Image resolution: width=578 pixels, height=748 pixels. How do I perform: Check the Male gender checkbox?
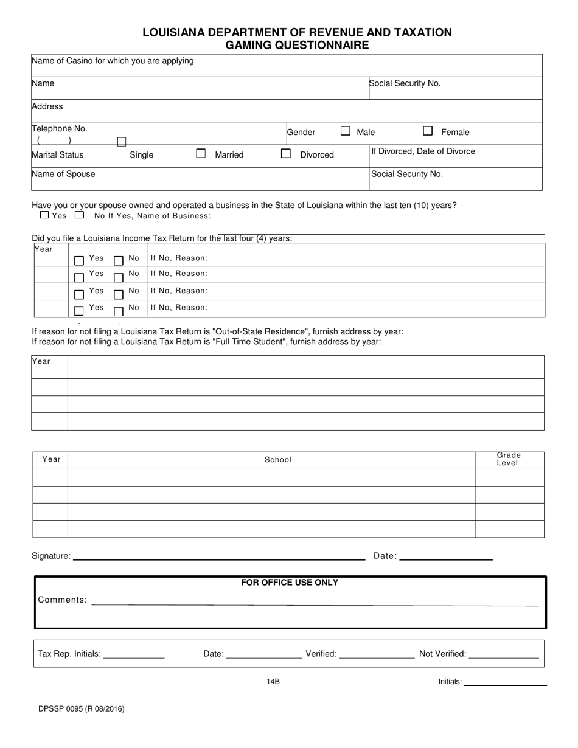[346, 131]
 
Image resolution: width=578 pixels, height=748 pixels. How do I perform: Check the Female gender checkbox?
[428, 131]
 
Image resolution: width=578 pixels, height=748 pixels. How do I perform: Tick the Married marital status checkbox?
[201, 154]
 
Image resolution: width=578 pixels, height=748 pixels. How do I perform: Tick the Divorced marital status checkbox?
[285, 154]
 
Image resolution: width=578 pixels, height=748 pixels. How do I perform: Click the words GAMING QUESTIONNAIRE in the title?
[297, 45]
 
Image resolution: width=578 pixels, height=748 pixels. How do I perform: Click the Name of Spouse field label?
[63, 174]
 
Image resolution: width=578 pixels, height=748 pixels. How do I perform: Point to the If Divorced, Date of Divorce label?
[423, 151]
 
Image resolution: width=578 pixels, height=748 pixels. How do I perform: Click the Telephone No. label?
[60, 129]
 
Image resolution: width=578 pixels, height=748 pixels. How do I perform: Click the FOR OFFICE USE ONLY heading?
[290, 583]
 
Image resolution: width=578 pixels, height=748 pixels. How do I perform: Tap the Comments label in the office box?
[62, 600]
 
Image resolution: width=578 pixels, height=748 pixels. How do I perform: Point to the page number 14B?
[273, 682]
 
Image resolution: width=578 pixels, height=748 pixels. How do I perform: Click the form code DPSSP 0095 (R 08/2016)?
[81, 708]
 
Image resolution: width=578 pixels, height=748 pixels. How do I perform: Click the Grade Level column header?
[509, 459]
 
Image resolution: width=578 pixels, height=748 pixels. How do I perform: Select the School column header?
[278, 460]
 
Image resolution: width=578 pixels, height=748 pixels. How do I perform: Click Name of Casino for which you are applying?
[113, 61]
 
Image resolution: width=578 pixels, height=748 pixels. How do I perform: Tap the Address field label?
[47, 106]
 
